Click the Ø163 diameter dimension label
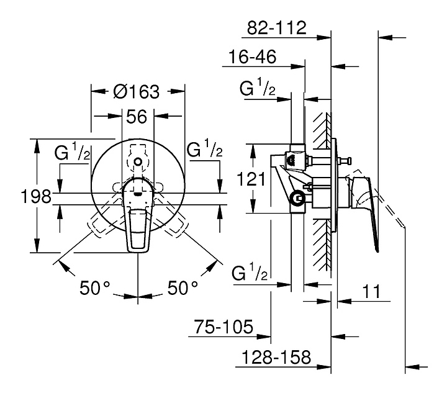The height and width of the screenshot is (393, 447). point(136,92)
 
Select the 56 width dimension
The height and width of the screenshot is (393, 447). point(137,117)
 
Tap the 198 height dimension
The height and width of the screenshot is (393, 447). point(36,196)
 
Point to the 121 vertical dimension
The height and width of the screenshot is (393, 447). point(251,179)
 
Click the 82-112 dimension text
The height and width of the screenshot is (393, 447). point(276,28)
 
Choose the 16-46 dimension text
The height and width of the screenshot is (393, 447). point(253,56)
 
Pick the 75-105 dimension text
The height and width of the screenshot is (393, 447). point(223,327)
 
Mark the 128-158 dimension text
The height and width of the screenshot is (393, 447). point(276,357)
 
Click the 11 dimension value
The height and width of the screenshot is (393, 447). point(371,291)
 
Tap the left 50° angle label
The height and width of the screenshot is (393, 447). point(94,287)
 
